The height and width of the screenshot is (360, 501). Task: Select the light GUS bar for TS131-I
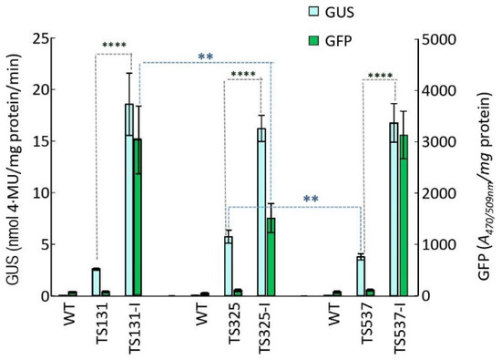(x=129, y=200)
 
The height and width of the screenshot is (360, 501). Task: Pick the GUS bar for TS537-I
(x=394, y=209)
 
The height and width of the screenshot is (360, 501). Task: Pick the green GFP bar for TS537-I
(x=403, y=215)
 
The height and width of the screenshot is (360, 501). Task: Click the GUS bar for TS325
(x=229, y=266)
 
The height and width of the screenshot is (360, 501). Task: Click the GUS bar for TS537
(x=361, y=276)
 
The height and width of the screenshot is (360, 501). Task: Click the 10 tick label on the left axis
(x=36, y=193)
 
